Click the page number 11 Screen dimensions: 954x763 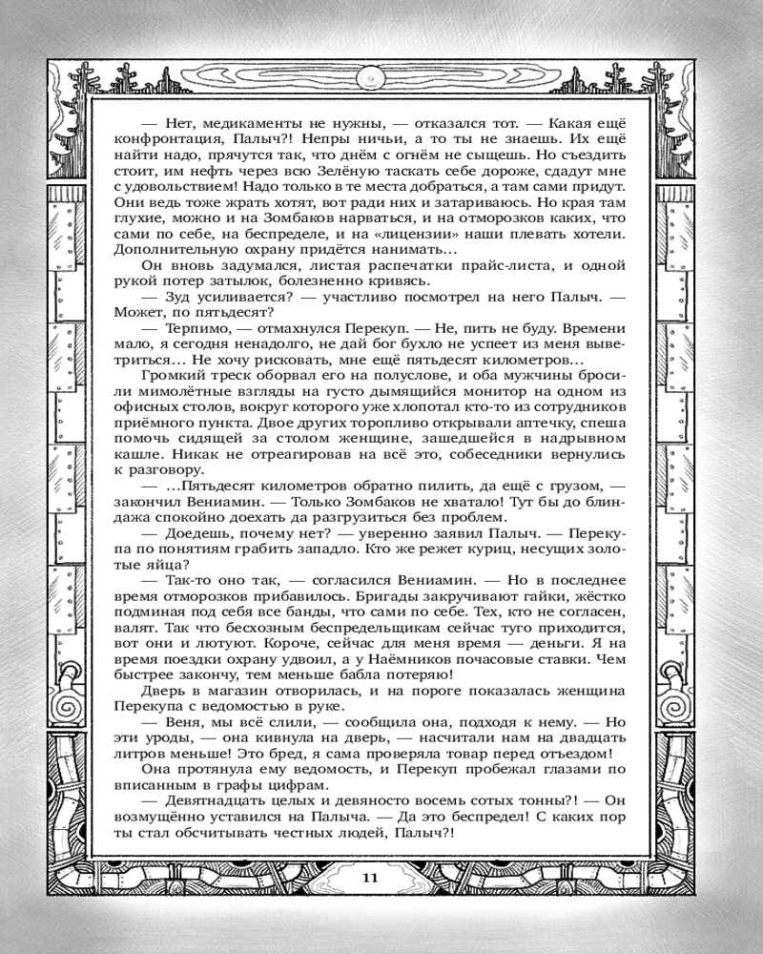372,877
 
